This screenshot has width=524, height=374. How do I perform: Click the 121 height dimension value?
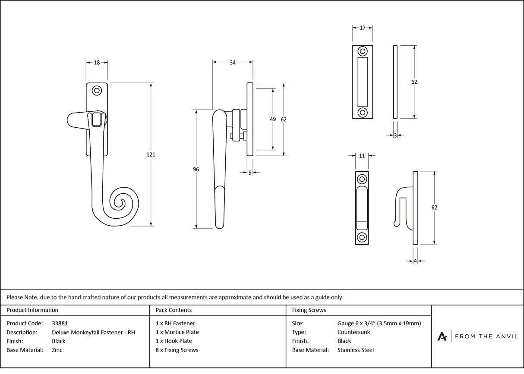[x=151, y=154]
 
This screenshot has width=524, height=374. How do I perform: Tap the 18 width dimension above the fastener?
[x=97, y=63]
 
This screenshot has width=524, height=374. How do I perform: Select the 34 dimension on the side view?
[x=232, y=63]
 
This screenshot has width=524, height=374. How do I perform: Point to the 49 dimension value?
[x=273, y=119]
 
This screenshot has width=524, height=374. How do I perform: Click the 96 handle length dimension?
[x=196, y=170]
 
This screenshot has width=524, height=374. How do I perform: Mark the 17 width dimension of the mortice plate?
[x=362, y=28]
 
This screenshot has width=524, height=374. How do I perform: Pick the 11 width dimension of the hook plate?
[x=362, y=156]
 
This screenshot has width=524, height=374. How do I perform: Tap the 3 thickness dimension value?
[x=395, y=135]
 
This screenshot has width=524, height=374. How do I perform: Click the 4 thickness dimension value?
[x=415, y=261]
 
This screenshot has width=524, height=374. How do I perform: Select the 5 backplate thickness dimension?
[x=250, y=173]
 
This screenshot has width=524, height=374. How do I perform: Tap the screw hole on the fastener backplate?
[x=97, y=91]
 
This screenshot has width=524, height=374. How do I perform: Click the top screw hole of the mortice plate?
[x=363, y=50]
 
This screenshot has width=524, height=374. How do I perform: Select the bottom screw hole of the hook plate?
[x=362, y=237]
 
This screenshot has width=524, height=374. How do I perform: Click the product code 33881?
[x=60, y=323]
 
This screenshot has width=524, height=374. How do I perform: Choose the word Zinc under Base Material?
[x=57, y=350]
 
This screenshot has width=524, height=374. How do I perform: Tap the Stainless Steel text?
[x=355, y=350]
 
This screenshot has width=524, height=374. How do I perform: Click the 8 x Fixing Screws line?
[x=177, y=350]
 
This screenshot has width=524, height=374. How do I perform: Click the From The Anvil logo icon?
[x=442, y=336]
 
